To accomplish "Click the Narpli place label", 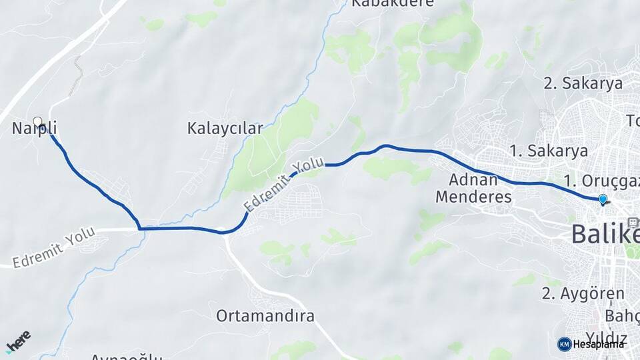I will [35, 128].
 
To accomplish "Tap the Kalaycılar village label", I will [225, 128].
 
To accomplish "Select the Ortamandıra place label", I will [265, 316].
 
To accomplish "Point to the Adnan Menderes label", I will [473, 188].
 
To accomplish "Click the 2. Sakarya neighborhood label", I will [583, 83].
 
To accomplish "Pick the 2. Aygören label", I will [583, 293].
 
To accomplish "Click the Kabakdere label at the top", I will [392, 3].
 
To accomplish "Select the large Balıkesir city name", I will [605, 235].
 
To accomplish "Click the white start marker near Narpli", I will [37, 121].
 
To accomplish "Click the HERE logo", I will [18, 341].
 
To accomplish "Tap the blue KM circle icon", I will [564, 344].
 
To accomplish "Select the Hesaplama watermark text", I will [599, 344].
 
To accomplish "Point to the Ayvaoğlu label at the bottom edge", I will [126, 357].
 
